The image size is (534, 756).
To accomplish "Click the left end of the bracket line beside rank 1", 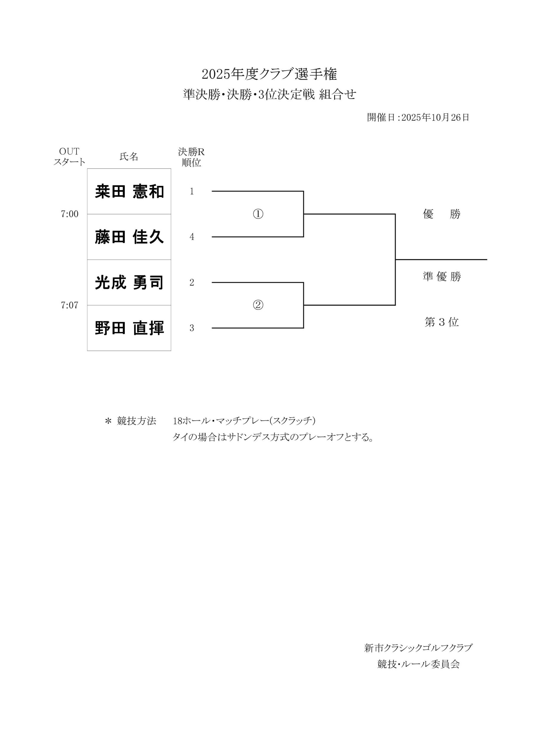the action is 212,191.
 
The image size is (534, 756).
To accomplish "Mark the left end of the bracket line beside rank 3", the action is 212,328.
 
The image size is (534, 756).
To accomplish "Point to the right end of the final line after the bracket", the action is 487,260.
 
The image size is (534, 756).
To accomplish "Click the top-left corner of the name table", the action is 87,169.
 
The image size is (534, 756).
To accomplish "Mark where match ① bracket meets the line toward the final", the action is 303,214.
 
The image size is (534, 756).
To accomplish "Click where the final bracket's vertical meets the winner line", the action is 395,260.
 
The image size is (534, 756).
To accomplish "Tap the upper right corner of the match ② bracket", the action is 303,283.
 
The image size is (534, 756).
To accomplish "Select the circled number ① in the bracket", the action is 258,214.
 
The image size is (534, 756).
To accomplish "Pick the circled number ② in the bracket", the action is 258,305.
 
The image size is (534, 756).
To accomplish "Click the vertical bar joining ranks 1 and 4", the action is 303,214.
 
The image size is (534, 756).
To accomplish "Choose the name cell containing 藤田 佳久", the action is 129,237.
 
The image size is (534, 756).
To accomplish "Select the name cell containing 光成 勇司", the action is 129,283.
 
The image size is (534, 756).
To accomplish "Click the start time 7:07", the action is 69,305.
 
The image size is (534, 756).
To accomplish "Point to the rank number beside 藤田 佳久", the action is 192,237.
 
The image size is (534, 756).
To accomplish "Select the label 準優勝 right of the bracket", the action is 442,277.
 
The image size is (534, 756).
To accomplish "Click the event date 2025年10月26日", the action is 435,118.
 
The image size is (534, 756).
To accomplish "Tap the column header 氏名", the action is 129,157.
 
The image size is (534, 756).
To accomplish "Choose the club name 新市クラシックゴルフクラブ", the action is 418,648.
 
